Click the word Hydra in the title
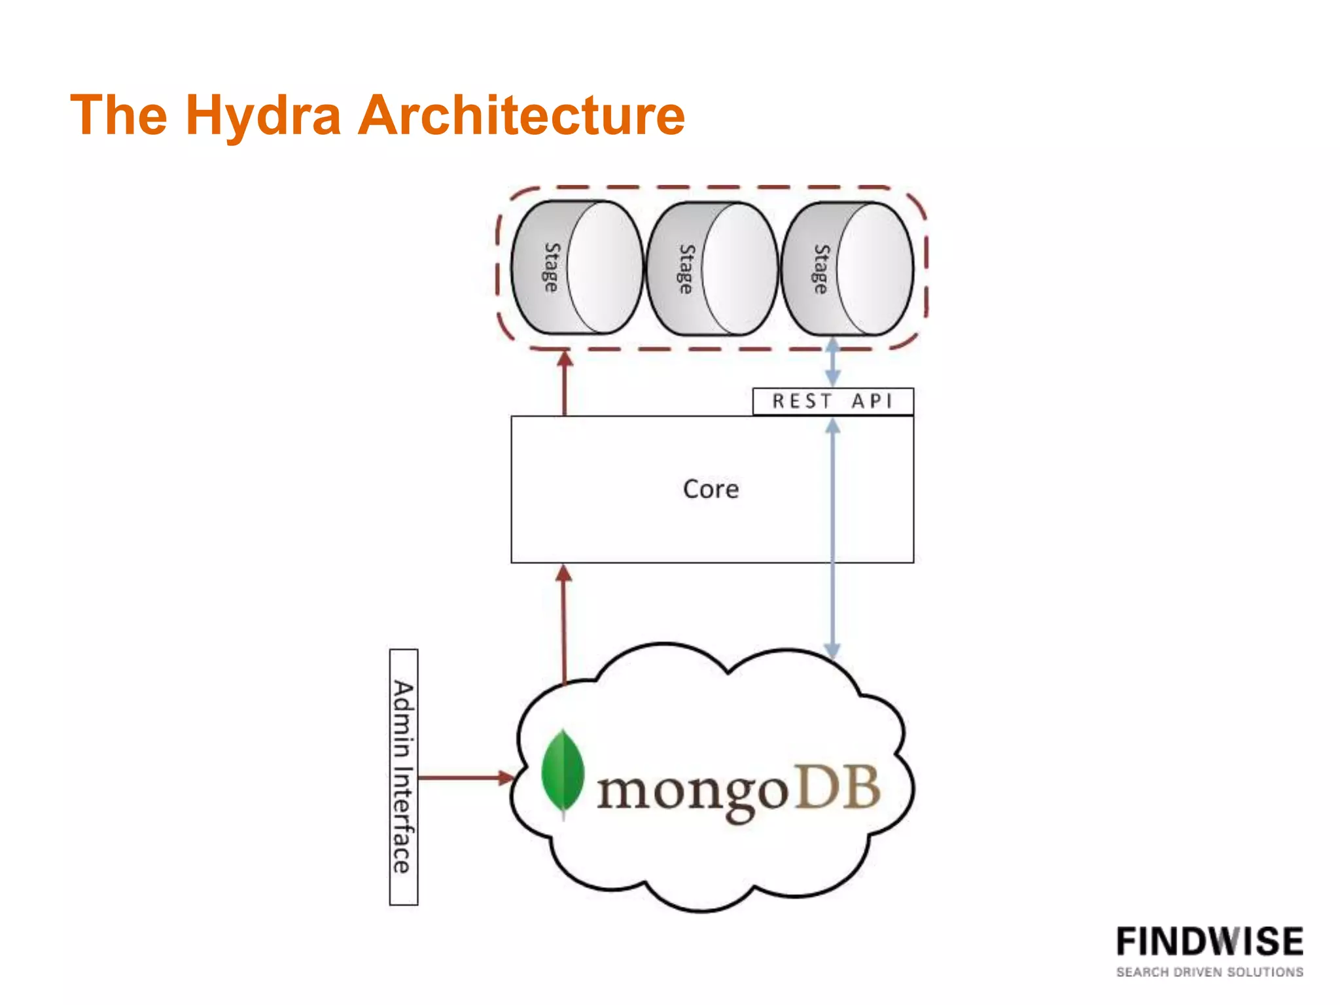click(263, 116)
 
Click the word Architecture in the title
click(521, 116)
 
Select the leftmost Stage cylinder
click(576, 268)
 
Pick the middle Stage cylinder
click(712, 269)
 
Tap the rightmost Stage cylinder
click(847, 269)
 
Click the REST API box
click(832, 401)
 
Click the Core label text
click(711, 489)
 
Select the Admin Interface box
click(403, 777)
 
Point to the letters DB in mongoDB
click(839, 788)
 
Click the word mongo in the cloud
click(692, 792)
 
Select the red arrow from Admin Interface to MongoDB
click(465, 778)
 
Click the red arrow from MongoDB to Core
click(564, 625)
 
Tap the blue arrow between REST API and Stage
click(832, 362)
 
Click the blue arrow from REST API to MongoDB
click(832, 589)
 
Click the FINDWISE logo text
click(1209, 942)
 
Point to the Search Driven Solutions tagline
click(1209, 972)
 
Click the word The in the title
click(118, 116)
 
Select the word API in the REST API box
click(872, 401)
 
